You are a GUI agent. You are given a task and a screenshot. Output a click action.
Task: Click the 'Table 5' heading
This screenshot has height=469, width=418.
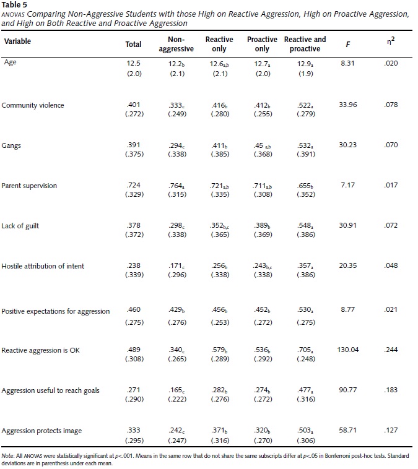point(14,5)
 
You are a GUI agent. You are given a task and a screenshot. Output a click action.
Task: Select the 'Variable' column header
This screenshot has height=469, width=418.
point(17,41)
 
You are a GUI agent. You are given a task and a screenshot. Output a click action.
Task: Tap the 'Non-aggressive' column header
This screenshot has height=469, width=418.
point(176,44)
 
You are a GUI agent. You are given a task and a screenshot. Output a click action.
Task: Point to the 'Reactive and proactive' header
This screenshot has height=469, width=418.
point(305,44)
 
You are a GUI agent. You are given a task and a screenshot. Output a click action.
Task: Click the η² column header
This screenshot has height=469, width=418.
point(391,41)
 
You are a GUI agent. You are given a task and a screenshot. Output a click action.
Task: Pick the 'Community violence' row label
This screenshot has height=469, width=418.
point(33,105)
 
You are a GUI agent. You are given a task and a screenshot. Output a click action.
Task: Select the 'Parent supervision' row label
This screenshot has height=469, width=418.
point(29,186)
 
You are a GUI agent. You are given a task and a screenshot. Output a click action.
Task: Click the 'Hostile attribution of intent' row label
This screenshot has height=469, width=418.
point(43,266)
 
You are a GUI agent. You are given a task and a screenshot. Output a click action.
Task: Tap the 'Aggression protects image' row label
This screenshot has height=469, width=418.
point(41,431)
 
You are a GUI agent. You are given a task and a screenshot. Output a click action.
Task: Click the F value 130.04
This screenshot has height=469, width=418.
point(347,350)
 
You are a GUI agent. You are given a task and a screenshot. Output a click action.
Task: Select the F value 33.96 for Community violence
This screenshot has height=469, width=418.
point(347,105)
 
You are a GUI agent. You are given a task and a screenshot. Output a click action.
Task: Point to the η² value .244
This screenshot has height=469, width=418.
point(391,350)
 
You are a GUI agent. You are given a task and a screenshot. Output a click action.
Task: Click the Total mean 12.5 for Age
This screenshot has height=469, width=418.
point(133,63)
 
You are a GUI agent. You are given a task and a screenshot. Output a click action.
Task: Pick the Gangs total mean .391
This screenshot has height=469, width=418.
point(133,145)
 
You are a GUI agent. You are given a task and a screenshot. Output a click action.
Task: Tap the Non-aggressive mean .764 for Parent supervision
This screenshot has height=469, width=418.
point(176,186)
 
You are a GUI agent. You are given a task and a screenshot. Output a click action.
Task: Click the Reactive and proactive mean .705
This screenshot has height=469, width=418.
point(305,350)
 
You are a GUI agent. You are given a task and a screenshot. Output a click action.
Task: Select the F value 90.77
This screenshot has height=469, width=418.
point(347,390)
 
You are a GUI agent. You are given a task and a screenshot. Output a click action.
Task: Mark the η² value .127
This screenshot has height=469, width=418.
point(391,430)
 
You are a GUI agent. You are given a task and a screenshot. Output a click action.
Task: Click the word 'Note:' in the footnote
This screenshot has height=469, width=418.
point(8,456)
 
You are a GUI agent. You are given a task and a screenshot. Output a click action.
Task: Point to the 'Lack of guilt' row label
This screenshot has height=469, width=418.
point(20,226)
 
